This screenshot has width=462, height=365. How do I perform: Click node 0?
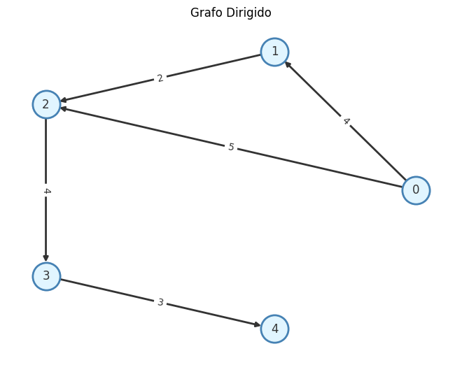coord(416,190)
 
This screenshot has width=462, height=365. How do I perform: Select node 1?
coord(274,52)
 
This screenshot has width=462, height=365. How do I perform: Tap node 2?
coord(46,104)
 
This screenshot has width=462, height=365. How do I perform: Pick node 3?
coord(46,276)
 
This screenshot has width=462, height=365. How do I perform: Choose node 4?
coord(274,329)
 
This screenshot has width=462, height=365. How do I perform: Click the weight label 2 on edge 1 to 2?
coord(160,78)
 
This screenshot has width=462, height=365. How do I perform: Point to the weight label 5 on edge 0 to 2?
coord(231,147)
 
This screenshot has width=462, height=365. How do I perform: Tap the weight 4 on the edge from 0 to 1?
coord(345,121)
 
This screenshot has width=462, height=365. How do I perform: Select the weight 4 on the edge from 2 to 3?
coord(46,190)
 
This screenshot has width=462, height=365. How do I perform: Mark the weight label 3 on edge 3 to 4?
coord(160,302)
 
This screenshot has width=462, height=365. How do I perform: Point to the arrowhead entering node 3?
coord(46,259)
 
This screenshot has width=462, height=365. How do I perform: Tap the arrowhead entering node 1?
coord(287,64)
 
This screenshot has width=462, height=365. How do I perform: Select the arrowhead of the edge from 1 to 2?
coord(63,101)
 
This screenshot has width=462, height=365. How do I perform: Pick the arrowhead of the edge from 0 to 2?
coord(63,108)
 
